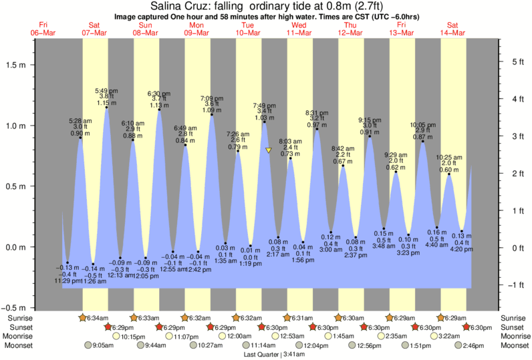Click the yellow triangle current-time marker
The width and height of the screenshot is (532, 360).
(268, 150)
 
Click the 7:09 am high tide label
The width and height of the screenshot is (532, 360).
(212, 98)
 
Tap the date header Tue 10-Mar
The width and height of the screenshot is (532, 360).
(249, 29)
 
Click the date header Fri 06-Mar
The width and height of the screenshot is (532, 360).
(43, 29)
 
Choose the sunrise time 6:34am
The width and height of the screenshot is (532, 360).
(98, 318)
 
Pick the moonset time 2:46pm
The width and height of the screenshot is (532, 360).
(473, 346)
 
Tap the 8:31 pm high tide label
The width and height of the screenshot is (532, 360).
(316, 112)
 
